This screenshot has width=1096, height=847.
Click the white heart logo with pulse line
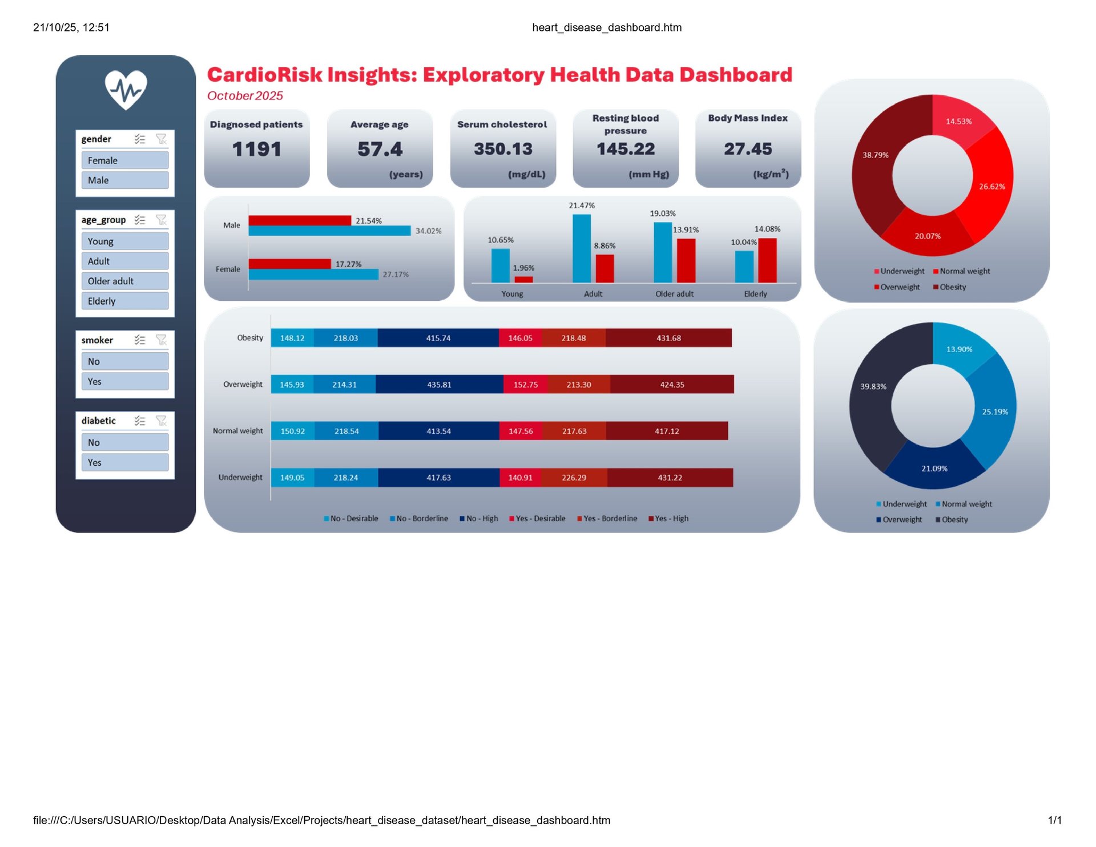click(x=126, y=90)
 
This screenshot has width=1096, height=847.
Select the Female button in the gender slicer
click(x=124, y=160)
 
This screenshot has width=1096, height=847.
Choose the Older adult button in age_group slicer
click(x=124, y=281)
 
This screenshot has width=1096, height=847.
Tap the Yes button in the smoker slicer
click(x=124, y=381)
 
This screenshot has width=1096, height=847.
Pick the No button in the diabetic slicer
click(x=124, y=442)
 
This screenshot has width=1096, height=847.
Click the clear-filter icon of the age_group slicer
click(x=162, y=220)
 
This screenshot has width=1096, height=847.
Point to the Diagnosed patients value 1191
click(x=257, y=150)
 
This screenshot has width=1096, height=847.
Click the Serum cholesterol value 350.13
click(x=503, y=150)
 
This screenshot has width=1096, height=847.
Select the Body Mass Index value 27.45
click(x=748, y=150)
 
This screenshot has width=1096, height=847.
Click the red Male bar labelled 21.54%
click(x=300, y=220)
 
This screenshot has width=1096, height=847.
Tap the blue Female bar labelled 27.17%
click(x=313, y=275)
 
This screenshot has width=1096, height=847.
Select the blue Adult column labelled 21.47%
click(x=582, y=248)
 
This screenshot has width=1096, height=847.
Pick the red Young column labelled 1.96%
click(x=523, y=280)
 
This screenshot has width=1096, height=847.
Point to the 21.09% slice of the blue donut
click(x=934, y=468)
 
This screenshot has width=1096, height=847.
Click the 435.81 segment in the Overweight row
click(x=439, y=385)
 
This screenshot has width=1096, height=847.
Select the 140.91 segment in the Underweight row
click(x=520, y=478)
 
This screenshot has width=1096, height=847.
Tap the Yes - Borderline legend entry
click(x=607, y=519)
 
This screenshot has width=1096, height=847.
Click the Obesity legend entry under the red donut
click(x=950, y=287)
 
